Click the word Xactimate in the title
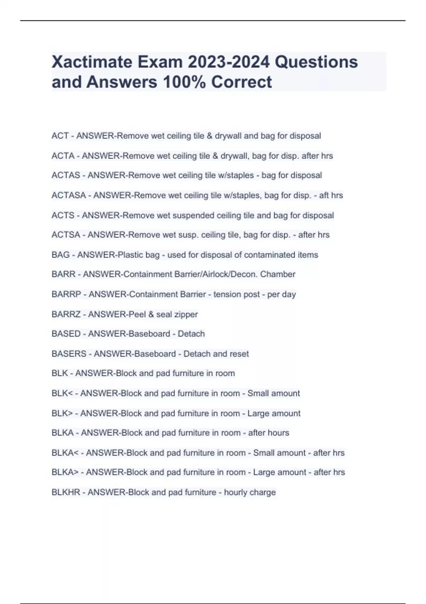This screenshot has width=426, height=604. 92,62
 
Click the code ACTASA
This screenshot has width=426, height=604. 69,195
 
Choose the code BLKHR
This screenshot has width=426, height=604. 66,492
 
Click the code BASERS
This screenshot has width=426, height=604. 69,354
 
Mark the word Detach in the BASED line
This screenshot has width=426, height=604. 191,334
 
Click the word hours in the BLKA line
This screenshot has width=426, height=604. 279,433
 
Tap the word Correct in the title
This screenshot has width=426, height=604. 241,82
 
